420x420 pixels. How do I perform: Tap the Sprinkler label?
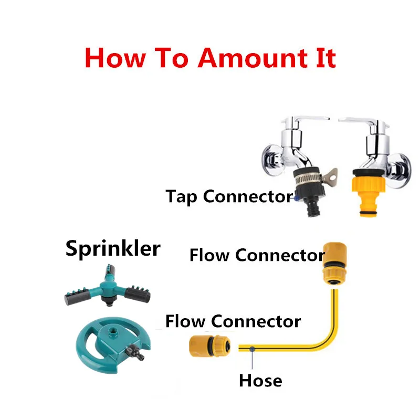(x=113, y=248)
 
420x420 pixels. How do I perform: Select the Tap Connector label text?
(x=229, y=196)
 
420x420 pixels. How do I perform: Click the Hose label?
(x=260, y=380)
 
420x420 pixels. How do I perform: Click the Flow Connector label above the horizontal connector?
(x=233, y=321)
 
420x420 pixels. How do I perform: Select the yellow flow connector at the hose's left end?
(x=208, y=347)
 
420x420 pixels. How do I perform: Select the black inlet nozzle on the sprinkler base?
(x=140, y=357)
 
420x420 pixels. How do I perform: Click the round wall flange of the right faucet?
(x=403, y=165)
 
